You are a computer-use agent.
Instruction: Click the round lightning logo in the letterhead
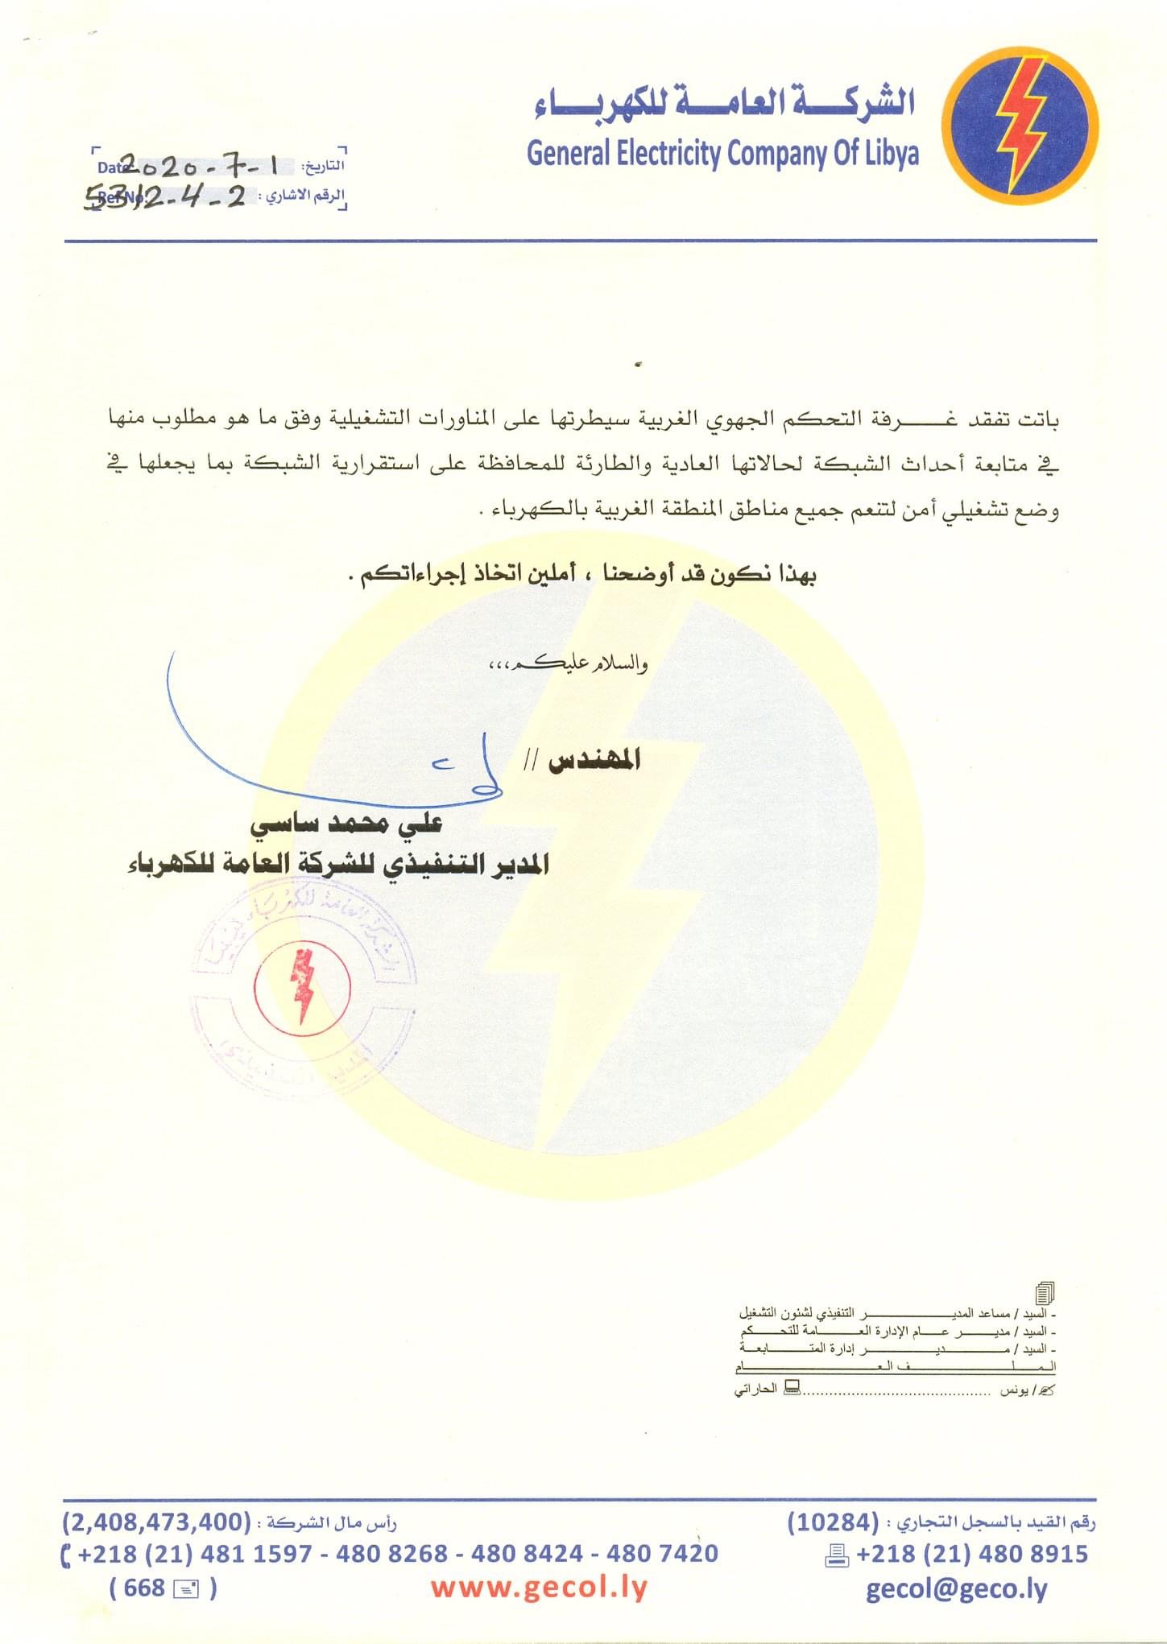tap(1020, 125)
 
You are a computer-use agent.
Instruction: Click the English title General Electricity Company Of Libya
tap(722, 153)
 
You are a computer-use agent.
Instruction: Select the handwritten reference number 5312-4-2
tap(165, 196)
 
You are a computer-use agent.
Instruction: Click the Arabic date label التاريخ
tap(324, 167)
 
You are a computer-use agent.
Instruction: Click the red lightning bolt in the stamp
tap(304, 985)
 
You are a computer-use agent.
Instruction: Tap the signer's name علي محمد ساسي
tap(346, 824)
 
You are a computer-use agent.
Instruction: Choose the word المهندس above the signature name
tap(594, 759)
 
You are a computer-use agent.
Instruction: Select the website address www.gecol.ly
tap(539, 1588)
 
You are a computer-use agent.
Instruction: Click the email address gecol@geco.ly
tap(957, 1588)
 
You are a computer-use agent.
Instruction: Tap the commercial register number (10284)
tap(833, 1522)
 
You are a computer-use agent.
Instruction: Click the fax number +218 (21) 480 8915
tap(972, 1554)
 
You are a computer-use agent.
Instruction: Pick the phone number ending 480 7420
tap(662, 1553)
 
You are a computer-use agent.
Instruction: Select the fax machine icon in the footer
tap(838, 1555)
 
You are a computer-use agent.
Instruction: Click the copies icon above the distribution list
tap(1045, 1293)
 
